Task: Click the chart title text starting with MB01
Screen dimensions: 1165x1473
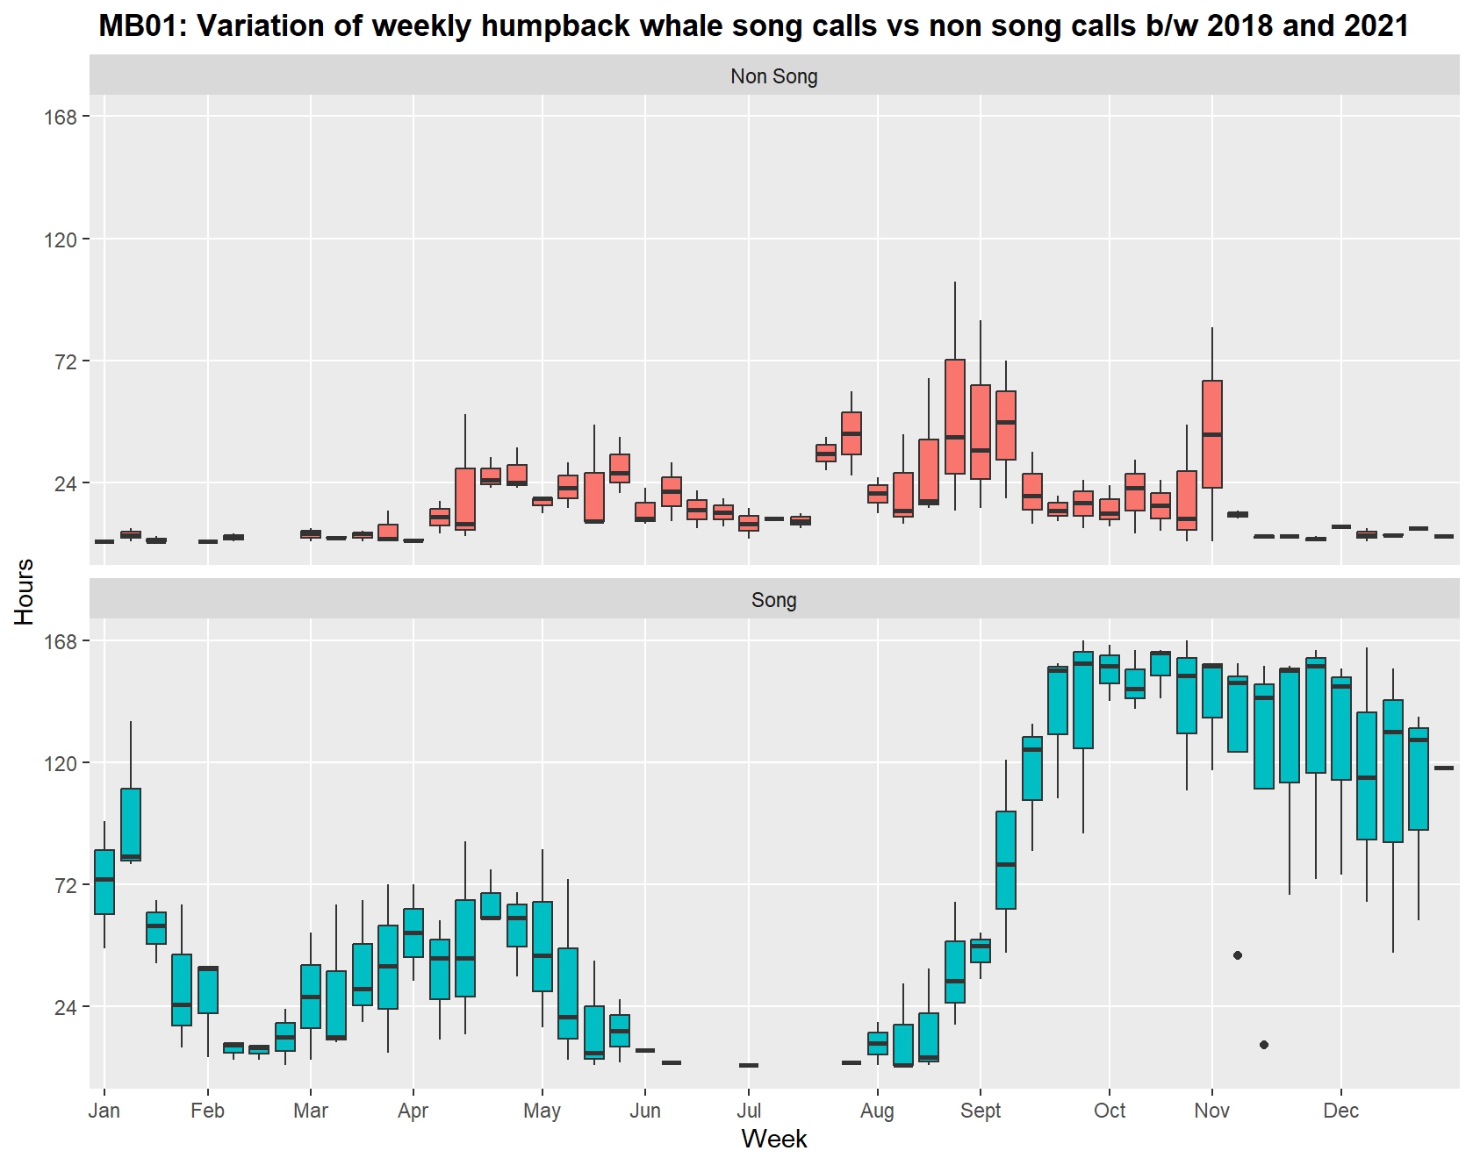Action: pos(753,25)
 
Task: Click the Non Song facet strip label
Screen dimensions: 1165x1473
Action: pos(773,76)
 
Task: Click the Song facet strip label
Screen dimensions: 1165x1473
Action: pos(773,600)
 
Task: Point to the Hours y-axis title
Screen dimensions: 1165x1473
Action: pos(24,591)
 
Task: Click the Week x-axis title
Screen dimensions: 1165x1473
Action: pos(773,1139)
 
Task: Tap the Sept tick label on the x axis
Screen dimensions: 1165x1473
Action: pos(981,1111)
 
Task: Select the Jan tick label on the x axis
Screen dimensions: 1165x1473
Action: pos(104,1111)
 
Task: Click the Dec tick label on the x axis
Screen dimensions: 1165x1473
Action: pos(1340,1111)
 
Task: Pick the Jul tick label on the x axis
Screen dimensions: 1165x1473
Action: pos(749,1111)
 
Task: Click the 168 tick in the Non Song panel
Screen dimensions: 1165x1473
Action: pos(61,117)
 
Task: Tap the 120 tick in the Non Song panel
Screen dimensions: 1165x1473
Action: pos(61,239)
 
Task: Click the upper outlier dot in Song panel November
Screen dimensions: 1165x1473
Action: pos(1238,955)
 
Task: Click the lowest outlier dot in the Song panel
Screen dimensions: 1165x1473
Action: pos(1263,1045)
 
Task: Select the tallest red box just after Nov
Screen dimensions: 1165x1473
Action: pos(1212,434)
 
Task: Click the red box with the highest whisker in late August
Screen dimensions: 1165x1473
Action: pos(955,417)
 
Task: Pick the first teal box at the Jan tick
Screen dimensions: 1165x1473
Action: pos(104,882)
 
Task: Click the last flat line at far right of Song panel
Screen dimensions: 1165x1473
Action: pos(1444,768)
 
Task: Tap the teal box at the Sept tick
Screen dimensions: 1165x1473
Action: pos(981,950)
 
